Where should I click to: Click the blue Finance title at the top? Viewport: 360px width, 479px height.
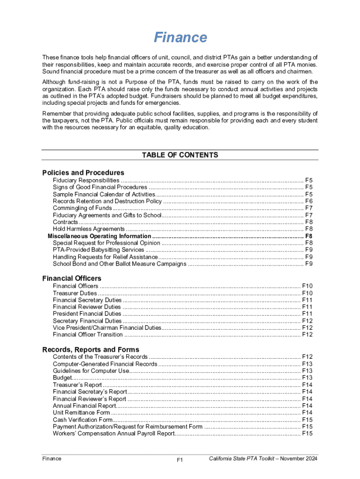point(180,37)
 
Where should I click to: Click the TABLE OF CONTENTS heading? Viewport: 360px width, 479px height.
point(180,155)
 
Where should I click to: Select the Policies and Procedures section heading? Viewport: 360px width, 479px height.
point(83,173)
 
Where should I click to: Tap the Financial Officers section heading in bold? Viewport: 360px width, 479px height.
point(72,278)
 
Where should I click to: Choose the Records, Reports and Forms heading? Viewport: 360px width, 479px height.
point(91,349)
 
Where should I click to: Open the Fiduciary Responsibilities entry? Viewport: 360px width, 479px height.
point(86,181)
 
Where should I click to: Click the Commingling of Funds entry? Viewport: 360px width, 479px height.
point(82,208)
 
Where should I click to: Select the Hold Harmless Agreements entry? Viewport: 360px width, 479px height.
point(89,229)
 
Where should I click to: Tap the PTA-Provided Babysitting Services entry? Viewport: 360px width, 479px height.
point(98,250)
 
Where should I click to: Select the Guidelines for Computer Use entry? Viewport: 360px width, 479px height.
point(91,371)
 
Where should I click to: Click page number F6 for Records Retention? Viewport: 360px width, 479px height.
point(309,201)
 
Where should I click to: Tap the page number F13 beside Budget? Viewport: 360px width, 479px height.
point(307,378)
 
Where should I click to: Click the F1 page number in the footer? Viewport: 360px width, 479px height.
point(180,460)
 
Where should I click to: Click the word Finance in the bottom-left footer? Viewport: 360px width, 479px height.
point(51,459)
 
